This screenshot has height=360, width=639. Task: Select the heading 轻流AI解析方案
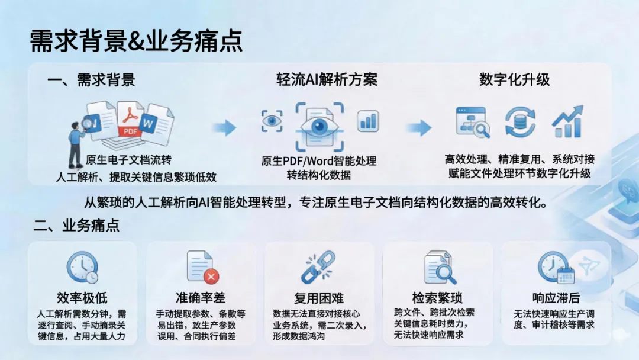(x=327, y=80)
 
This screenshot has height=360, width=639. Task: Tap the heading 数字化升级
(x=514, y=80)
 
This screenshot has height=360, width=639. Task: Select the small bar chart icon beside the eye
(x=368, y=121)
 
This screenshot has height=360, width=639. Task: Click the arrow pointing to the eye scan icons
(x=225, y=127)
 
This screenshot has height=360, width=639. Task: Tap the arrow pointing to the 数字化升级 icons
(x=418, y=127)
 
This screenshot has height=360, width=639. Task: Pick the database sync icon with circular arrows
(x=520, y=123)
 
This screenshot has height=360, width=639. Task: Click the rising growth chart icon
(x=567, y=121)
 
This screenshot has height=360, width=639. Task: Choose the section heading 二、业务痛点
(x=76, y=226)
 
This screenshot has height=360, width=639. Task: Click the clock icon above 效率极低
(x=82, y=268)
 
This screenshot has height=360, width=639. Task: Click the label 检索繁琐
(x=437, y=297)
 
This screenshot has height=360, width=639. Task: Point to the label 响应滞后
(x=556, y=298)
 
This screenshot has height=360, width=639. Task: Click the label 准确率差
(x=200, y=297)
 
